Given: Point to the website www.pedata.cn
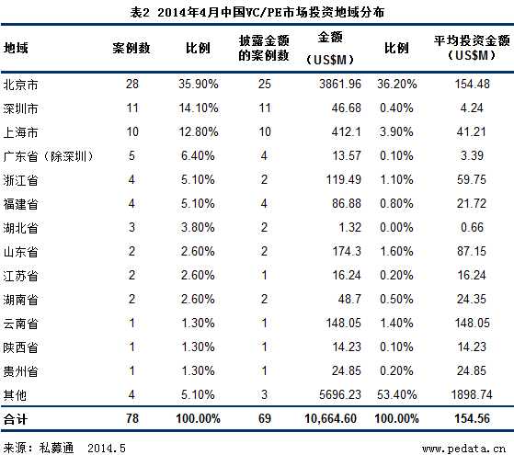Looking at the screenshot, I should [x=463, y=446].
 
